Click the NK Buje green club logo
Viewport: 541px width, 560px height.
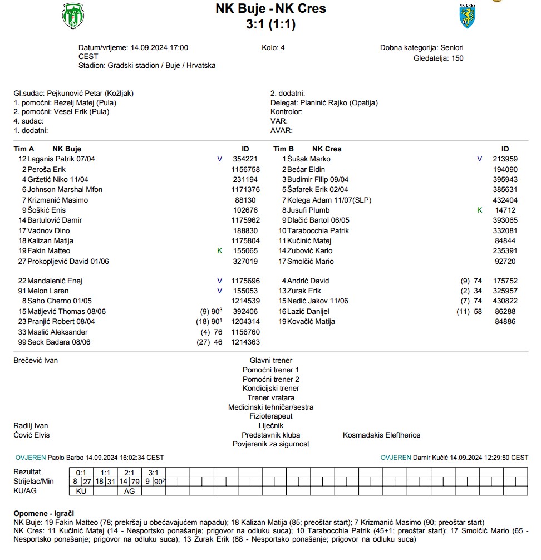(72, 16)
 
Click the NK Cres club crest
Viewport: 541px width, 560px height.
(467, 16)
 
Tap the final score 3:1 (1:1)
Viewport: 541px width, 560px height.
(270, 24)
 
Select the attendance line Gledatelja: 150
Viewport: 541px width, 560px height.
(439, 58)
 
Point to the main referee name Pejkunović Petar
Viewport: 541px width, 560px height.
(73, 94)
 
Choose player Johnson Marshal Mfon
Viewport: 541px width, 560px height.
(65, 190)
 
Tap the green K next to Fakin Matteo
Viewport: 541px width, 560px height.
(219, 251)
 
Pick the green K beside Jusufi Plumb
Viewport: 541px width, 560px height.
(480, 210)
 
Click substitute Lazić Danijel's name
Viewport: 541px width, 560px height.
(308, 312)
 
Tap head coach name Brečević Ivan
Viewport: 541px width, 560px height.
(36, 361)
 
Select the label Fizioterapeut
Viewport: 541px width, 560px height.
(270, 416)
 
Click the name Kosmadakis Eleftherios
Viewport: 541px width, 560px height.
(381, 435)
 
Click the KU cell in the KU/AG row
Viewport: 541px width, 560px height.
(81, 491)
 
